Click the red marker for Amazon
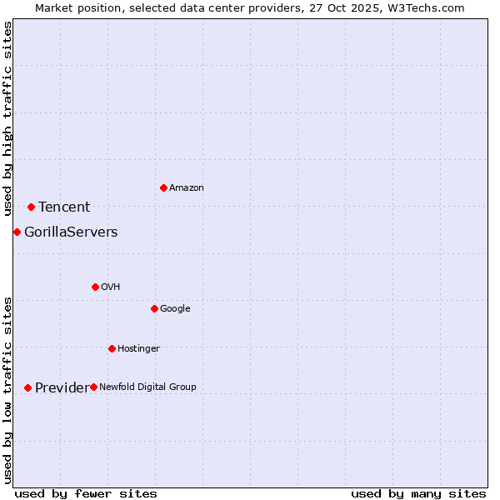point(163,187)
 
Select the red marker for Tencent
point(31,207)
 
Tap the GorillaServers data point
point(17,232)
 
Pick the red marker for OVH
point(95,287)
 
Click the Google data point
point(154,308)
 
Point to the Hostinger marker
point(112,348)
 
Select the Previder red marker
point(27,387)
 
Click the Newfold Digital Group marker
point(93,387)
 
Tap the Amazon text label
point(186,188)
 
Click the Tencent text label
point(64,207)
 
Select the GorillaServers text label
point(71,232)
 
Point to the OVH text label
point(111,287)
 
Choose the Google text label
point(175,309)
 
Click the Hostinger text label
point(138,349)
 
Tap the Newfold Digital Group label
point(147,387)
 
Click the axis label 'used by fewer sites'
point(86,493)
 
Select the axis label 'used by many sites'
point(418,493)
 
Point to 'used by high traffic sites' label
point(8,119)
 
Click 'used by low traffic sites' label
point(8,390)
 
